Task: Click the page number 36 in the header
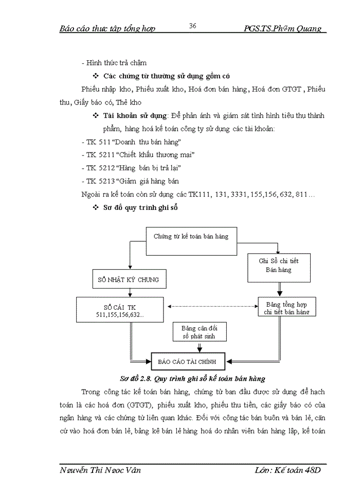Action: pyautogui.click(x=193, y=26)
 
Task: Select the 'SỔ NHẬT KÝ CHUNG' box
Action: pyautogui.click(x=128, y=280)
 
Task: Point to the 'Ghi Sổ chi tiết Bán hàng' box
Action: pyautogui.click(x=278, y=266)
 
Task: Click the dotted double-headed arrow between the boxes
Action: pyautogui.click(x=212, y=307)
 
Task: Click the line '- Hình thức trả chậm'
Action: pyautogui.click(x=114, y=63)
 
